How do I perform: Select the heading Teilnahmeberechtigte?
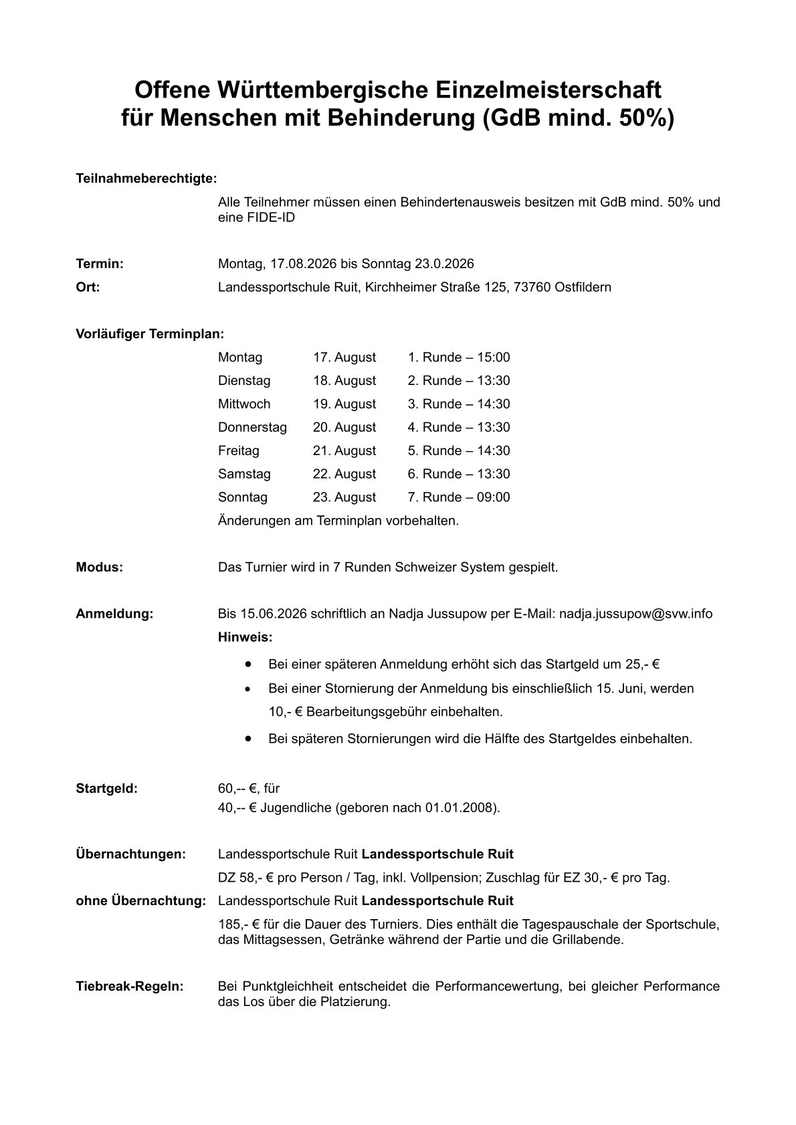[146, 179]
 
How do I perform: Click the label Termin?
[100, 264]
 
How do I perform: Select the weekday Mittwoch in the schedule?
[244, 404]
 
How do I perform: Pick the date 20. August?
[344, 428]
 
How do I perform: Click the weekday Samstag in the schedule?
[244, 474]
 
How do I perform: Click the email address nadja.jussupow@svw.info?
[635, 614]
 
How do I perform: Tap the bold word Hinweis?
[245, 638]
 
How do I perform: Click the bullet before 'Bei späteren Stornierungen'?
[248, 739]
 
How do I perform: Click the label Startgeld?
[107, 788]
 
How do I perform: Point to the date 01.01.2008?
[460, 807]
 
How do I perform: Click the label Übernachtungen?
[130, 854]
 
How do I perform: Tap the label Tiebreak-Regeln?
[130, 987]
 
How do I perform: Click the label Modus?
[99, 568]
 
